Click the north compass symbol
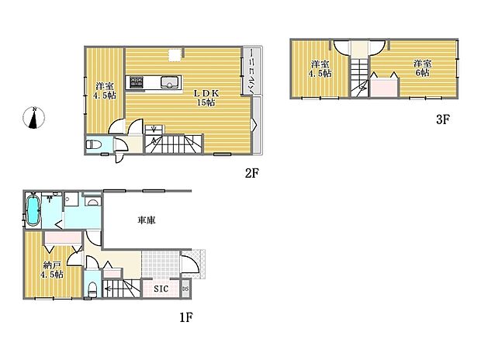[34, 119]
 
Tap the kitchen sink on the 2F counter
[168, 81]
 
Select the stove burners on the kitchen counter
[137, 81]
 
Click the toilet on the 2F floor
[94, 144]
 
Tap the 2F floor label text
[251, 174]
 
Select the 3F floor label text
[443, 120]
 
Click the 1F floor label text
[185, 317]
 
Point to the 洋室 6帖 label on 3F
[422, 68]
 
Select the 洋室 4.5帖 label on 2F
[102, 90]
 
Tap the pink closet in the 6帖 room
[383, 85]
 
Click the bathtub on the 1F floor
[33, 211]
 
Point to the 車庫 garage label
[146, 220]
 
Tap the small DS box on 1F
[185, 290]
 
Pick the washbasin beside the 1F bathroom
[92, 202]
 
